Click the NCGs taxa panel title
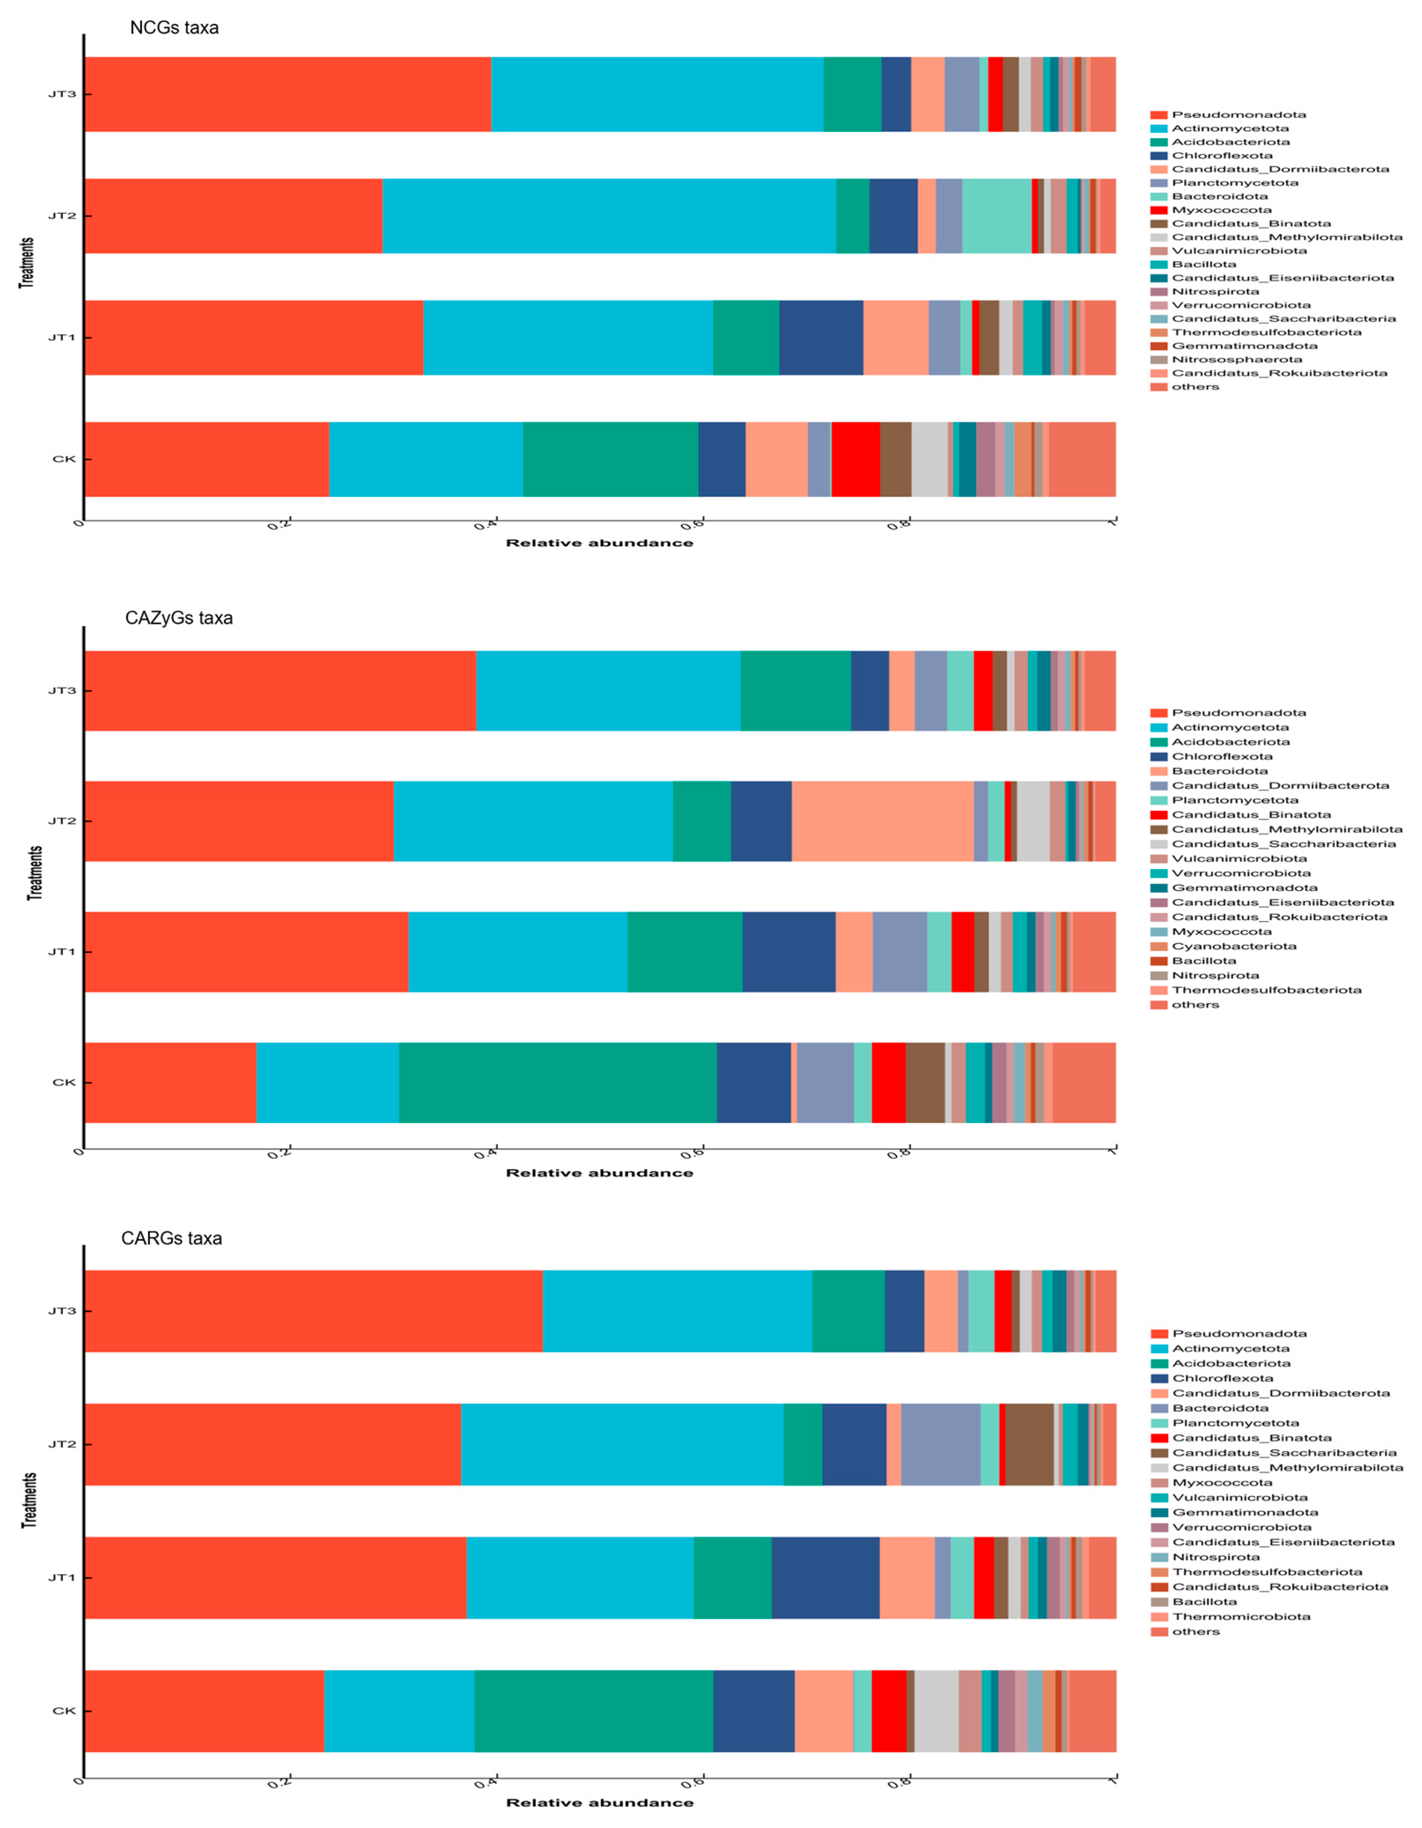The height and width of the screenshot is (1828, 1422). pos(174,28)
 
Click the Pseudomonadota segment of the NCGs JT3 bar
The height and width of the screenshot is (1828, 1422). pos(287,95)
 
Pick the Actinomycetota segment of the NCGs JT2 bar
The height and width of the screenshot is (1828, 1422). pos(609,216)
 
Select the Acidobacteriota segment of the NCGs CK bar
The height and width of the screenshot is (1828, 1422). pos(611,459)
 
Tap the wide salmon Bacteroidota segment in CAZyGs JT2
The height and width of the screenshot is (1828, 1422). pos(883,821)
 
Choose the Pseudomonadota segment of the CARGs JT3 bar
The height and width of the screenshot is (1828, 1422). pos(313,1311)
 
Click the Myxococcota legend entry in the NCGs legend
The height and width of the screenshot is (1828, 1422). pos(1221,210)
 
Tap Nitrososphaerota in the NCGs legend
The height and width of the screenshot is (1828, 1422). pos(1236,359)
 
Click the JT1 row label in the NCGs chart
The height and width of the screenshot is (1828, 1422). pos(62,338)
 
